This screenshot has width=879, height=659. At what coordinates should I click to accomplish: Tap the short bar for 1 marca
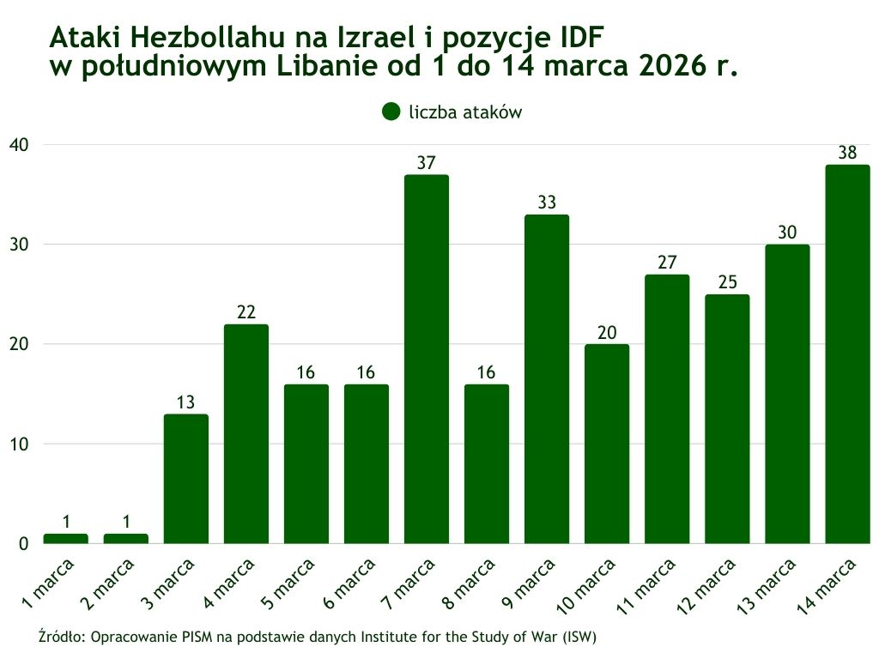(66, 538)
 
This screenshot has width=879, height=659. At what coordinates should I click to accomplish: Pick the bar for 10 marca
(607, 444)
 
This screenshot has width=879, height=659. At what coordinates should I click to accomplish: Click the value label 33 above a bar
(547, 203)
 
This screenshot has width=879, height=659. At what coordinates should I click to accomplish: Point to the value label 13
(186, 403)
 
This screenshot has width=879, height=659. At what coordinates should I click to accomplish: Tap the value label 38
(847, 154)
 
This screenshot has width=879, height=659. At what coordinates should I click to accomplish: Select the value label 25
(727, 283)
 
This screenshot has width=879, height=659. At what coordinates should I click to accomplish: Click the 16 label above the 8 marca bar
(487, 373)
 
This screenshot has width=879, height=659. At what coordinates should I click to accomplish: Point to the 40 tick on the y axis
(19, 144)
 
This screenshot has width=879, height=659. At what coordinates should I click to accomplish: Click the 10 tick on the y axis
(19, 444)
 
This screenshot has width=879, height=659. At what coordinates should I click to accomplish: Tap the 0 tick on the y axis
(23, 543)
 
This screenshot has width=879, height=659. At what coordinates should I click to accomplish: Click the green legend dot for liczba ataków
(391, 112)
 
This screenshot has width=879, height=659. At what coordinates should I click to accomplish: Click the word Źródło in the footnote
(62, 638)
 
